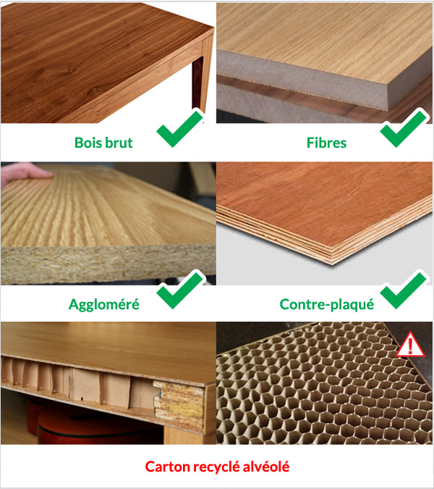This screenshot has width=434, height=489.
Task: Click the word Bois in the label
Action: click(x=88, y=143)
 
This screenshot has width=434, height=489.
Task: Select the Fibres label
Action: click(x=326, y=143)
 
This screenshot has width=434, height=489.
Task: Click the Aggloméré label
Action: click(x=104, y=304)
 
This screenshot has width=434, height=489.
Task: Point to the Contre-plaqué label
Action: click(x=327, y=304)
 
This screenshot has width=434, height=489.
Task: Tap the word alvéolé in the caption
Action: click(x=266, y=467)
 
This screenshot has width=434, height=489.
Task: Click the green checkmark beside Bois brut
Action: click(x=179, y=128)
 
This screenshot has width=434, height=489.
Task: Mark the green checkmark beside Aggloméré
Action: click(x=179, y=289)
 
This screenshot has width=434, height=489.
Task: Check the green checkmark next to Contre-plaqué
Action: click(x=404, y=289)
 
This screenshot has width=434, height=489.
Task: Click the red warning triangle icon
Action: click(x=410, y=345)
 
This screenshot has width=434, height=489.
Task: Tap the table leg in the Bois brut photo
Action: click(x=198, y=83)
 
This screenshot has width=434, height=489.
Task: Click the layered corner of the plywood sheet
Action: click(x=333, y=255)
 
